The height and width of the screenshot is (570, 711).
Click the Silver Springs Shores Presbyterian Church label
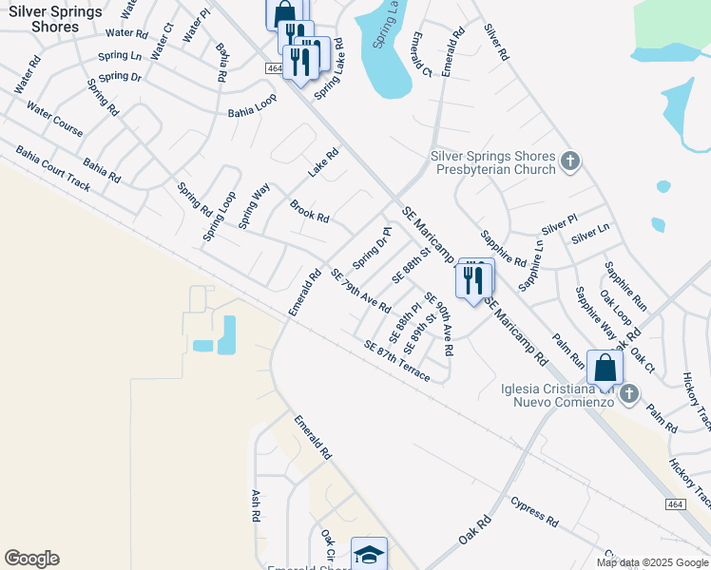(492, 162)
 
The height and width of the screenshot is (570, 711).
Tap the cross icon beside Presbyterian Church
(570, 161)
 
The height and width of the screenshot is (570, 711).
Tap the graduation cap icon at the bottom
(369, 555)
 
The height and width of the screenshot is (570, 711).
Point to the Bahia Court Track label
(53, 168)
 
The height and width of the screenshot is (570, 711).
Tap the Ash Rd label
(255, 506)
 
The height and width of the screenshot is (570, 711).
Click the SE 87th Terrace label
(396, 362)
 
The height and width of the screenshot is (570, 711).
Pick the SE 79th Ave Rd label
(361, 291)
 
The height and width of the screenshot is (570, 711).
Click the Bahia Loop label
(252, 112)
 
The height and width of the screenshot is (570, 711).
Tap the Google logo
(31, 559)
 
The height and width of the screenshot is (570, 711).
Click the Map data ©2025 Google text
(652, 562)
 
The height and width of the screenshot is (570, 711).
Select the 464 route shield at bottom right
(676, 503)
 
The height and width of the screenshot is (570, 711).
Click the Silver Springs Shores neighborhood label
(54, 19)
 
